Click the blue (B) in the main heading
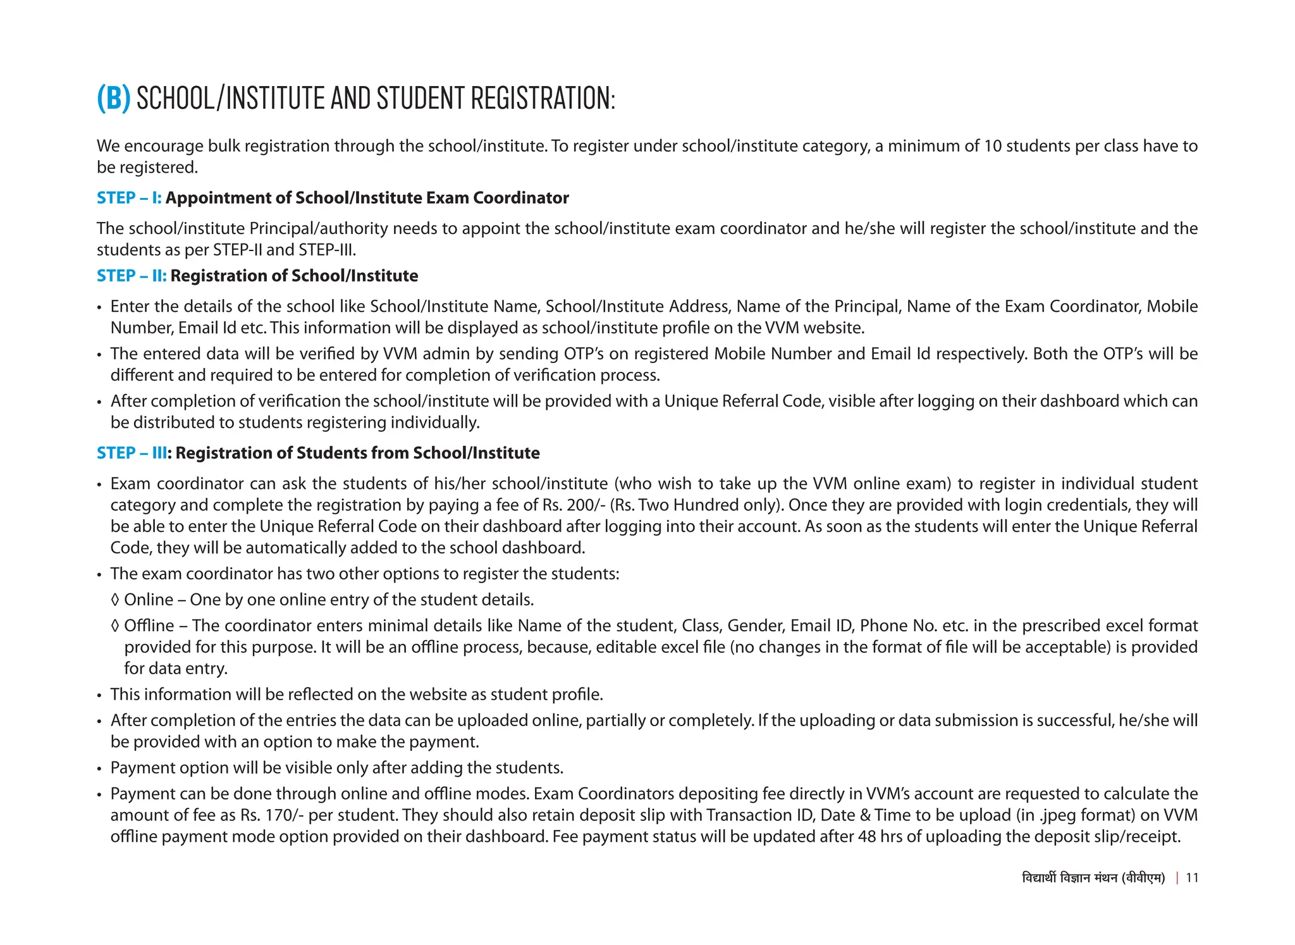(x=113, y=99)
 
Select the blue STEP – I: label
(x=129, y=198)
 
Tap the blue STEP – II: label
(x=132, y=276)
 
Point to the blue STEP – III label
(x=133, y=453)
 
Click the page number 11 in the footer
(x=1192, y=877)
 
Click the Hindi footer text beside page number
(x=1093, y=877)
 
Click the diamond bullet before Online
(x=114, y=600)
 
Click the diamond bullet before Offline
(x=114, y=626)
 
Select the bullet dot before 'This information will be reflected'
(x=99, y=695)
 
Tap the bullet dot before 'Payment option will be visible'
(x=99, y=769)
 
